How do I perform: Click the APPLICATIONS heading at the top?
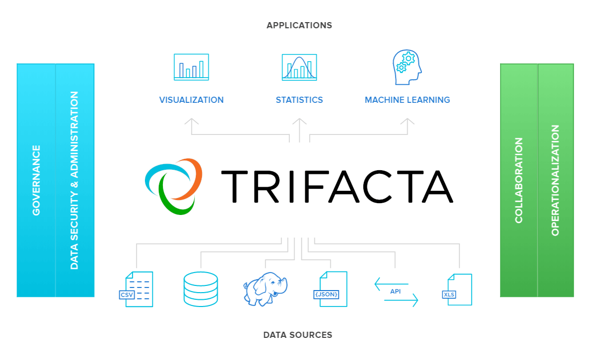pyautogui.click(x=299, y=25)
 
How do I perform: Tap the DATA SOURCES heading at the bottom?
pyautogui.click(x=298, y=335)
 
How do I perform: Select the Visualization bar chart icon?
pyautogui.click(x=191, y=67)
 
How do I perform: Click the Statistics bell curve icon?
pyautogui.click(x=299, y=67)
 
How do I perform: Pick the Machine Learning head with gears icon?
pyautogui.click(x=407, y=67)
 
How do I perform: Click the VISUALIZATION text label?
pyautogui.click(x=191, y=100)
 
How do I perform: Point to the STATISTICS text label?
pyautogui.click(x=299, y=100)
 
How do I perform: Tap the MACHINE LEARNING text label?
pyautogui.click(x=407, y=100)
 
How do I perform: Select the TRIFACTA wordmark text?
pyautogui.click(x=337, y=186)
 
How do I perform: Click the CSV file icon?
pyautogui.click(x=136, y=289)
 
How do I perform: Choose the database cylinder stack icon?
pyautogui.click(x=200, y=289)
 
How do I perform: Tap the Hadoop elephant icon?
pyautogui.click(x=265, y=289)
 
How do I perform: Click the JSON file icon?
pyautogui.click(x=331, y=289)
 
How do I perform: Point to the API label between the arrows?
pyautogui.click(x=395, y=291)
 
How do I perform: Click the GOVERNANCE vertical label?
pyautogui.click(x=36, y=180)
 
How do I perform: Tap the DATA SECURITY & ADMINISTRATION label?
pyautogui.click(x=75, y=180)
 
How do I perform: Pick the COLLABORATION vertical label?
pyautogui.click(x=519, y=180)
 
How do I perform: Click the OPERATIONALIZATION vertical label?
pyautogui.click(x=555, y=180)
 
